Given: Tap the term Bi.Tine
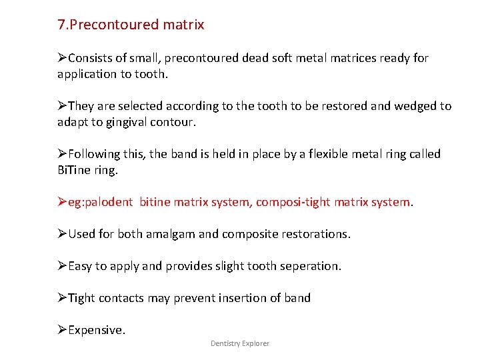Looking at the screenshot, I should click(74, 170).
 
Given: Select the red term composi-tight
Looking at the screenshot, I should click(283, 202).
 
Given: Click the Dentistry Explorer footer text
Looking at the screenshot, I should click(240, 343).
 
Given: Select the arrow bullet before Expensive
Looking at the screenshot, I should click(62, 330).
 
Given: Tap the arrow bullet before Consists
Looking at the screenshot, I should click(62, 58).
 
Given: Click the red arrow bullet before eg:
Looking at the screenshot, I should click(62, 202).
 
